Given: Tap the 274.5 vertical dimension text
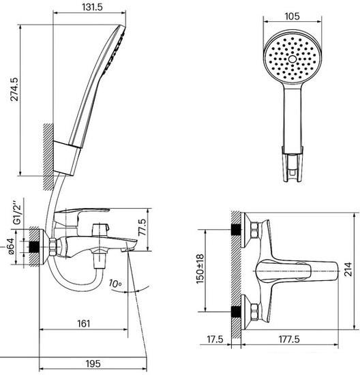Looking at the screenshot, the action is coord(14,89).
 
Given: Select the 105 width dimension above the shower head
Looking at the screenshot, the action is coord(292,16).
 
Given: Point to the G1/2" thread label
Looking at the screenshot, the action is coord(17,211).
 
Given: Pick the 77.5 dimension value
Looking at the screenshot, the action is coord(142,227).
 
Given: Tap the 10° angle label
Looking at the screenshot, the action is coord(115,283).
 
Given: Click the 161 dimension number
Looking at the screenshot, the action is coord(84,324).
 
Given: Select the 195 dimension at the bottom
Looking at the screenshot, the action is coord(93,364).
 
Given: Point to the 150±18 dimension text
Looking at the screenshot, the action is coord(200,269).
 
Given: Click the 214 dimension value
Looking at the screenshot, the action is coord(348,269).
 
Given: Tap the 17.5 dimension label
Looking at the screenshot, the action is coord(215,339).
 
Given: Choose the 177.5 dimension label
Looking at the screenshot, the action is coord(289,339).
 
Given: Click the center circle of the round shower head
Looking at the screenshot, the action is coord(292,59).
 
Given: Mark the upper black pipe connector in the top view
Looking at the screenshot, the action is coord(237,230).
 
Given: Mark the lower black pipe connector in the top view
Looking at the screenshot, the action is coord(237,312).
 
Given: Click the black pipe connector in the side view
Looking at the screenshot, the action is coord(34,247).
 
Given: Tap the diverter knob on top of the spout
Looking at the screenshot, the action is coord(100,230).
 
